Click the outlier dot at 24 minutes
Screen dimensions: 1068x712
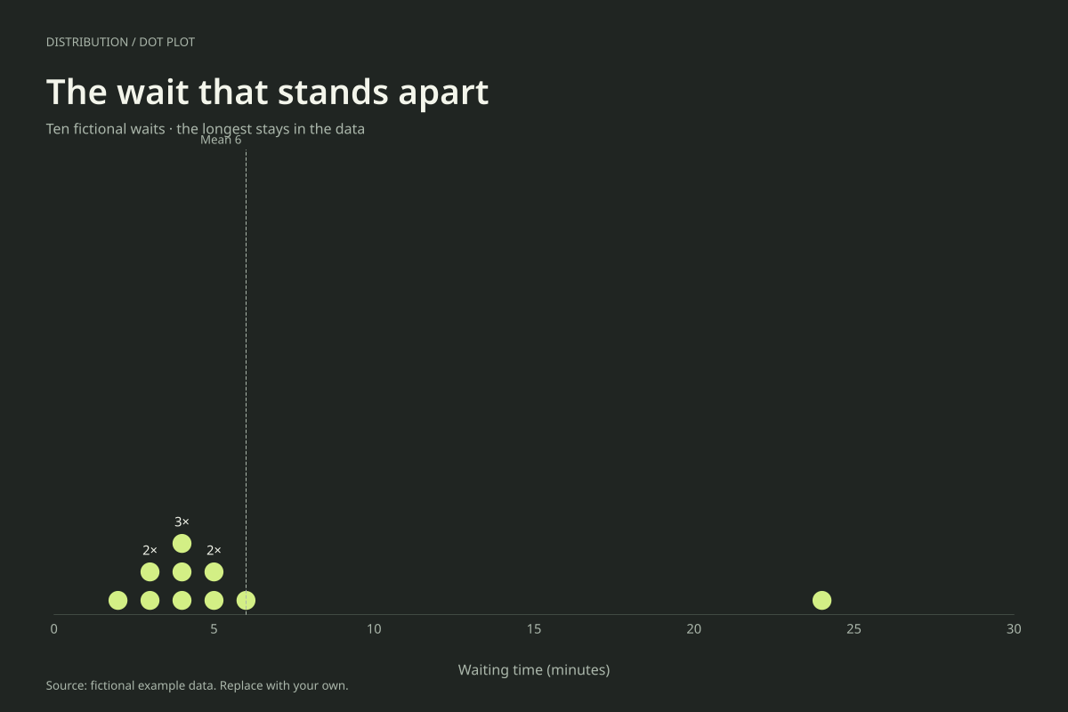[x=821, y=600]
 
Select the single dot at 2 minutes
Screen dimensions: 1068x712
[x=117, y=600]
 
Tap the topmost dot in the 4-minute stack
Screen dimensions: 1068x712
[x=182, y=543]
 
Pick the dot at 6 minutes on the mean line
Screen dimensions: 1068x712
[x=246, y=600]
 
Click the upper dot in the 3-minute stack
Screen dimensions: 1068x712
[x=150, y=571]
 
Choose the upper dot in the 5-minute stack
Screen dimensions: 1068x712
[x=214, y=571]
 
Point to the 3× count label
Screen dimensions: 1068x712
[x=182, y=522]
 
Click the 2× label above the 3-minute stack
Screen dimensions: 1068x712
[x=150, y=550]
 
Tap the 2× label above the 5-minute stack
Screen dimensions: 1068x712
[x=214, y=550]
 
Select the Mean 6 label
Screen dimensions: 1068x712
[x=221, y=140]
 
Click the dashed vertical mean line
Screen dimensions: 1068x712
[x=246, y=382]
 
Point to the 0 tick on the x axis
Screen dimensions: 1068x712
[x=54, y=629]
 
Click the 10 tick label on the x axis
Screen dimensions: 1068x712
[x=374, y=629]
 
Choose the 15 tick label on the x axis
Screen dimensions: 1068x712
[x=534, y=629]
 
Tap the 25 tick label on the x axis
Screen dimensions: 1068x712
[x=854, y=629]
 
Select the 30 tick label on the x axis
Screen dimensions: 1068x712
[x=1014, y=629]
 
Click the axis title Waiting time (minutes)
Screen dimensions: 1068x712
[x=534, y=670]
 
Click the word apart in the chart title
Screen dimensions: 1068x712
[x=443, y=93]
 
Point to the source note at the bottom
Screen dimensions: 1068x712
[x=197, y=686]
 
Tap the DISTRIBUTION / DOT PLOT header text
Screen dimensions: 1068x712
[x=120, y=42]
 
